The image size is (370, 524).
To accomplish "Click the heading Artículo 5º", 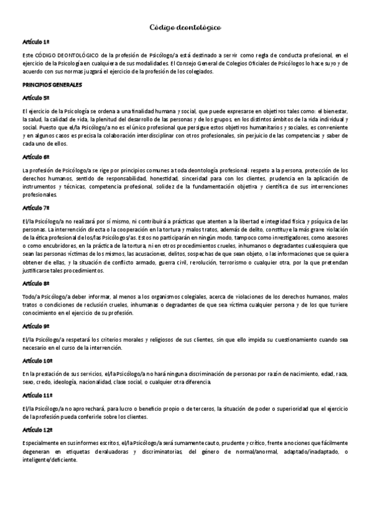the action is click(x=35, y=98).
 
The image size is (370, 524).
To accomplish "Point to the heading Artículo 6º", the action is click(x=35, y=157).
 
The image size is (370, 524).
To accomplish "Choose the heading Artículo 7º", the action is click(x=35, y=208).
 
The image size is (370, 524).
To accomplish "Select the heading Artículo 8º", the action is click(x=35, y=283).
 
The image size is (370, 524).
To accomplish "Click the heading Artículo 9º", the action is click(x=35, y=325).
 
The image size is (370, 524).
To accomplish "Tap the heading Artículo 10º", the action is click(x=36, y=360).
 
